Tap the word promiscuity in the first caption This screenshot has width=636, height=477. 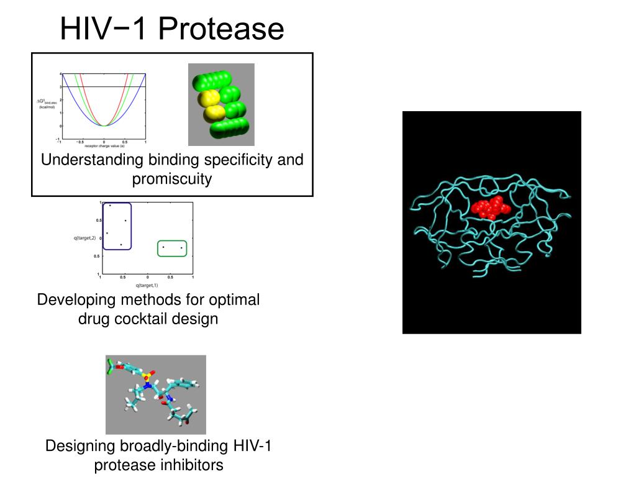(172, 179)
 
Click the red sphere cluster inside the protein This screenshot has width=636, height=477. (491, 209)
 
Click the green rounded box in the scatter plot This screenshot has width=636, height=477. (172, 248)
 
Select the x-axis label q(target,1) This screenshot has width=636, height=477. (147, 285)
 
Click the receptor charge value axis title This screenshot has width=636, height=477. (104, 147)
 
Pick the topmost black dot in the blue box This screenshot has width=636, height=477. (111, 206)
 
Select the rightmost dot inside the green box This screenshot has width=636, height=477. (181, 248)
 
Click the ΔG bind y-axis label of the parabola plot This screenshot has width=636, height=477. (46, 103)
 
